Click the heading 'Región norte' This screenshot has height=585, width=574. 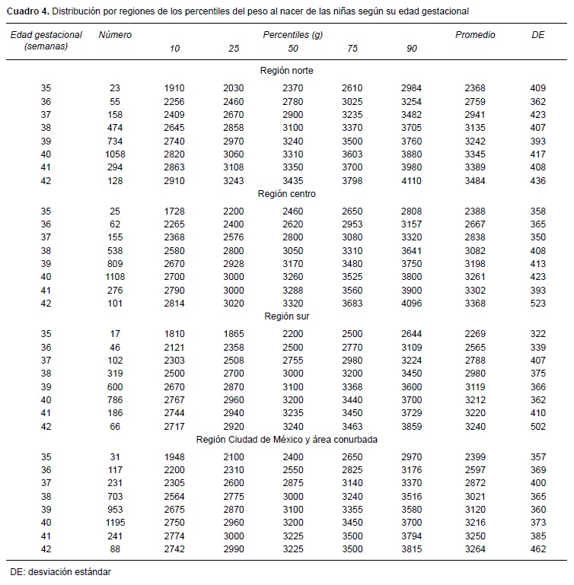point(286,71)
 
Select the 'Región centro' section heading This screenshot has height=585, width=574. point(286,194)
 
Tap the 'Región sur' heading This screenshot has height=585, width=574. point(286,316)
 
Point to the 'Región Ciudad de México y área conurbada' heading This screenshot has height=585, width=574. point(286,439)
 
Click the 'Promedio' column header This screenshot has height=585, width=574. point(475,35)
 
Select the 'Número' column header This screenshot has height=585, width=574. point(115,35)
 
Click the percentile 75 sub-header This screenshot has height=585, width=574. point(352,49)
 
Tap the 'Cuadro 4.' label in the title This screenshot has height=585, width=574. point(30,11)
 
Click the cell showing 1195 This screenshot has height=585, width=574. point(115,523)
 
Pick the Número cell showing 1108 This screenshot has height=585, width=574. point(115,277)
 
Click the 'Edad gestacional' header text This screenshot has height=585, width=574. point(45,35)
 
